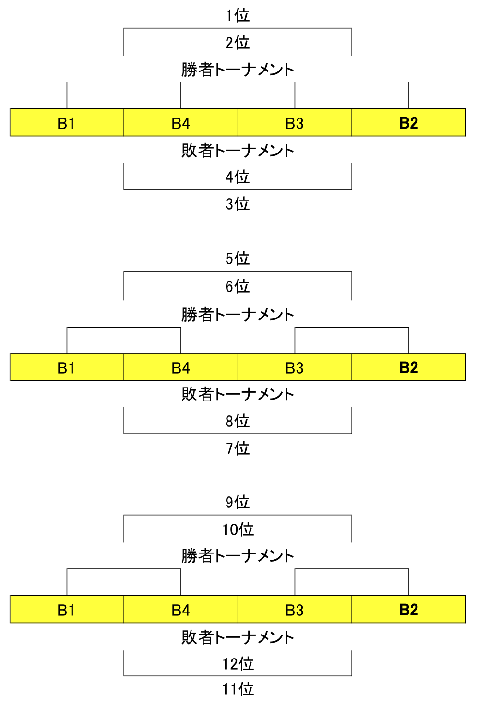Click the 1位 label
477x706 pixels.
pyautogui.click(x=238, y=15)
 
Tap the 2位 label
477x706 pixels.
pyautogui.click(x=238, y=43)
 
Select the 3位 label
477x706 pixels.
pyautogui.click(x=238, y=204)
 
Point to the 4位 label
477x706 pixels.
pyautogui.click(x=238, y=177)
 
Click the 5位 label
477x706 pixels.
pyautogui.click(x=238, y=259)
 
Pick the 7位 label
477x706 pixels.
pyautogui.click(x=238, y=448)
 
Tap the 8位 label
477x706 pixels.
pyautogui.click(x=238, y=421)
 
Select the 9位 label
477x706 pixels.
pyautogui.click(x=238, y=502)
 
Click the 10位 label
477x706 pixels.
pyautogui.click(x=238, y=529)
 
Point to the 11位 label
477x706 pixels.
pyautogui.click(x=238, y=689)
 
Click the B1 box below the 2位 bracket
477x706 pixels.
pyautogui.click(x=67, y=122)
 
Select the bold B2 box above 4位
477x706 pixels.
pyautogui.click(x=409, y=122)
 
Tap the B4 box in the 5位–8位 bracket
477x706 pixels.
pyautogui.click(x=181, y=367)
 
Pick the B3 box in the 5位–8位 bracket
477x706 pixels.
pyautogui.click(x=295, y=367)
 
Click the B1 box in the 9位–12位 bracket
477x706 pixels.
pyautogui.click(x=67, y=609)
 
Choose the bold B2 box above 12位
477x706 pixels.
pyautogui.click(x=409, y=609)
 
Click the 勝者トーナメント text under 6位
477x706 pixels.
pyautogui.click(x=238, y=315)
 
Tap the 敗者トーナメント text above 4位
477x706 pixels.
pyautogui.click(x=238, y=150)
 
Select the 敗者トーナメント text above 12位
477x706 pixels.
pyautogui.click(x=238, y=637)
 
